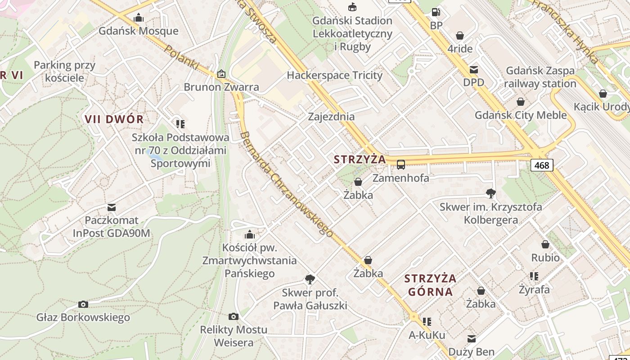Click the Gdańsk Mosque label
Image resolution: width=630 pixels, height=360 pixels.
pos(139,31)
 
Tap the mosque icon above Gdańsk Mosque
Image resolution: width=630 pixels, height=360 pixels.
pos(139,18)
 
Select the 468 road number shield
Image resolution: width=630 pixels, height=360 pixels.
pos(541,165)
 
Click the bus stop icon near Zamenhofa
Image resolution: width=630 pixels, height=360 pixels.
pos(400,165)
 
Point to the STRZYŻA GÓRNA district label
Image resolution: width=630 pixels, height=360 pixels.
pos(430,285)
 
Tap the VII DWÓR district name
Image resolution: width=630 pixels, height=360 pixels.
pos(114,119)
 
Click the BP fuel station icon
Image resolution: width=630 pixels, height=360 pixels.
pos(436,13)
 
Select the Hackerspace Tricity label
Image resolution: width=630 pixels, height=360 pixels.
pos(334,75)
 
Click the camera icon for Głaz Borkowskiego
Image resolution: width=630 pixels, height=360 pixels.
pos(83,305)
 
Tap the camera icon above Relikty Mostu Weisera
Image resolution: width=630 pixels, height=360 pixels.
pos(233,316)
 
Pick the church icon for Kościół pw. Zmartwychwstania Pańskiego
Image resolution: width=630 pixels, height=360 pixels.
pos(249,234)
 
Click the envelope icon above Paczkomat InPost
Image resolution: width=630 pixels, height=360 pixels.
pos(112,207)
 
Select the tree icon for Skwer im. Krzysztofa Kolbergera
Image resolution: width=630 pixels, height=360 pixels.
pos(490,193)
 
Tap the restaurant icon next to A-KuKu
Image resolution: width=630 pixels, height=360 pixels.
pos(427,322)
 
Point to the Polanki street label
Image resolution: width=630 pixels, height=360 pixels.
pos(182,57)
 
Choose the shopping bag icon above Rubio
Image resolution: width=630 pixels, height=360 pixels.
pos(545,244)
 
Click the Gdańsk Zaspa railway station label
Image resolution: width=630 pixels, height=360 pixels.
pos(540,77)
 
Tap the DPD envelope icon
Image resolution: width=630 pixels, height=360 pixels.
pos(473,70)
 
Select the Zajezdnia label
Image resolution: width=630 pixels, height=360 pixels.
pos(331,117)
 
